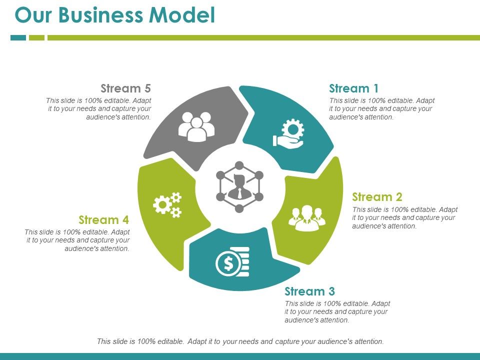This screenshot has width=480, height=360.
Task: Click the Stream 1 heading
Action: coord(353,88)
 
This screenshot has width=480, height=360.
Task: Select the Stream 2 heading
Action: coord(377,196)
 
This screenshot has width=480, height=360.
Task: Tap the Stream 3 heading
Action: coord(309,291)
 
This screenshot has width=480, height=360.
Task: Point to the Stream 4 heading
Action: coord(103,220)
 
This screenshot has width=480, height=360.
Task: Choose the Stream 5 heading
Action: coord(125,88)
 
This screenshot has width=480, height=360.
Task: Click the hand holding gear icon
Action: coord(288,133)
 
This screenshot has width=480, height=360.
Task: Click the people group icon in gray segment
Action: coord(196,126)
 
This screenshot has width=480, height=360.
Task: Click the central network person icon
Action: coord(239,186)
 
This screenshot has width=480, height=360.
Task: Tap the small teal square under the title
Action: coord(18,37)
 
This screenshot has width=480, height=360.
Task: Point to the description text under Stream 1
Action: coord(381,109)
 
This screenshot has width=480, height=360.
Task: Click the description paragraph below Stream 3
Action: coord(337,312)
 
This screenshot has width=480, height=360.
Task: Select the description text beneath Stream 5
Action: coord(99,109)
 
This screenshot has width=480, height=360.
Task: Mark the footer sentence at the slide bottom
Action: coord(240,341)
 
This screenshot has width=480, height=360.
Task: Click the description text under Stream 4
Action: coord(77,240)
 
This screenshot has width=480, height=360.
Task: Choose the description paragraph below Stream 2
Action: coord(404,217)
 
